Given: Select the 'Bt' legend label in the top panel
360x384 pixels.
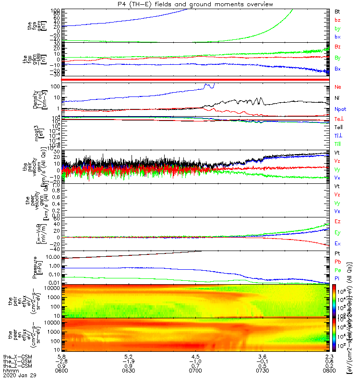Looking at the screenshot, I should [x=337, y=11].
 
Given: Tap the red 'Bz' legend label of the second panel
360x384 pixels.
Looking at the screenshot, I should [x=337, y=47].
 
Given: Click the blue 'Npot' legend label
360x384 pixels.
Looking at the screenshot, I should [x=340, y=109].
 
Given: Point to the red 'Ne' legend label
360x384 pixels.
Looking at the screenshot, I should [x=337, y=87].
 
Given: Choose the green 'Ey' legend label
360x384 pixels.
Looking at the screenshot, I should [x=337, y=232].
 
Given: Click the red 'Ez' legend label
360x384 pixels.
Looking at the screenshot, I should [x=337, y=221].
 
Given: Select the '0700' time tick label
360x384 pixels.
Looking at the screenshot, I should [x=195, y=372].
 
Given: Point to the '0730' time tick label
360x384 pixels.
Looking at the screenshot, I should [x=262, y=372].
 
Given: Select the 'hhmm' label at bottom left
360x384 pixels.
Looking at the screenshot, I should [x=8, y=372].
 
